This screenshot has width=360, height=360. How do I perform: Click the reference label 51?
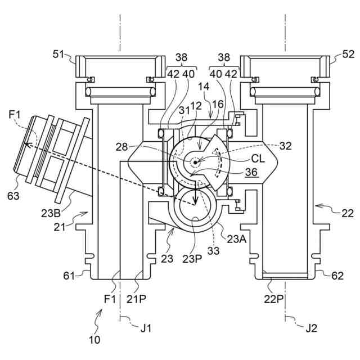coord(59,55)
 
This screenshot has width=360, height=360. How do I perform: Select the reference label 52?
coord(348,55)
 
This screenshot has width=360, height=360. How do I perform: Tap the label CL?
coord(258,159)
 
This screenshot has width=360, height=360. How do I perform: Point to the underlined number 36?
coord(251,172)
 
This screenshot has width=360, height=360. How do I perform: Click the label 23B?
coord(51,213)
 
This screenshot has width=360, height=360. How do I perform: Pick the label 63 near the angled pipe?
coord(13,196)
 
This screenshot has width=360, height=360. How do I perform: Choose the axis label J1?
coord(146,328)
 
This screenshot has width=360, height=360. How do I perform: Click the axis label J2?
coord(311,328)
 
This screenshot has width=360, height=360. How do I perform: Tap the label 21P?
coord(136,299)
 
